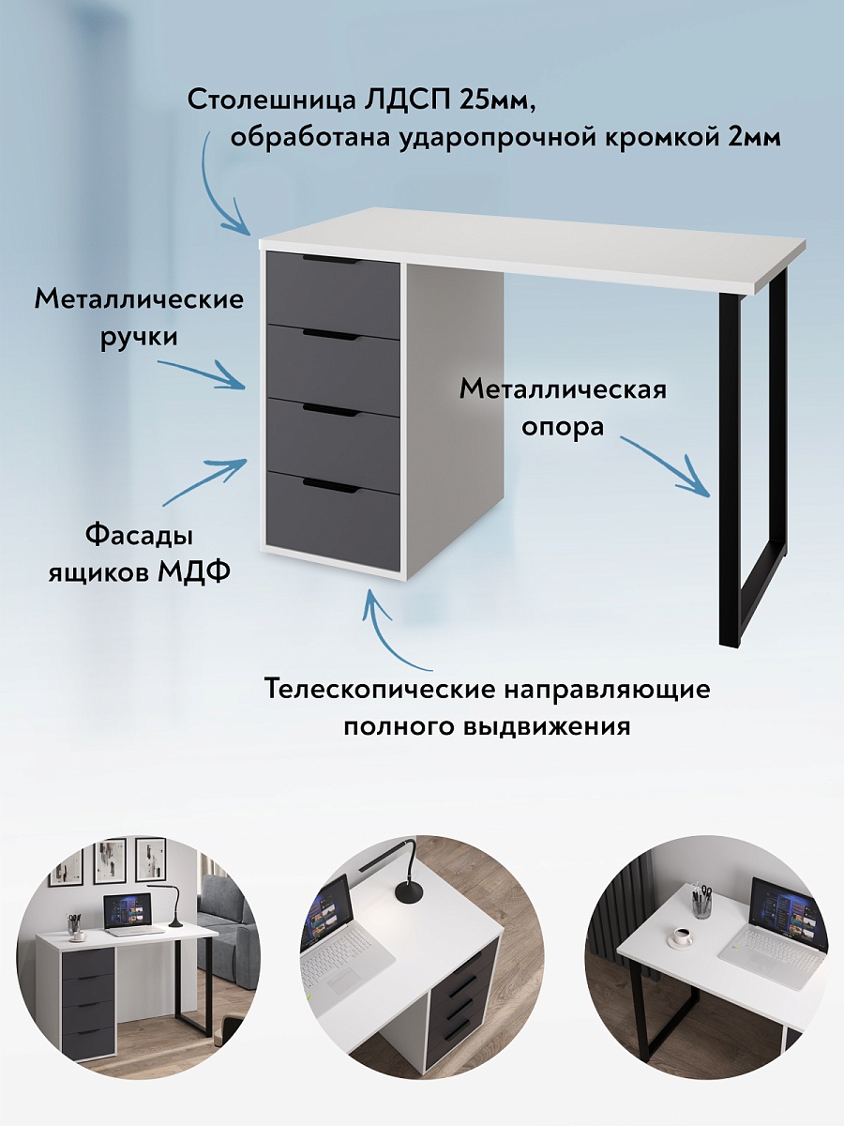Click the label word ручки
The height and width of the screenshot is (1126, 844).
pos(139,336)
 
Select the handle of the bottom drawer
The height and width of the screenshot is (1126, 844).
pos(331,485)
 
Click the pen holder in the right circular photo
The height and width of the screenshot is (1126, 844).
pos(702,902)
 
